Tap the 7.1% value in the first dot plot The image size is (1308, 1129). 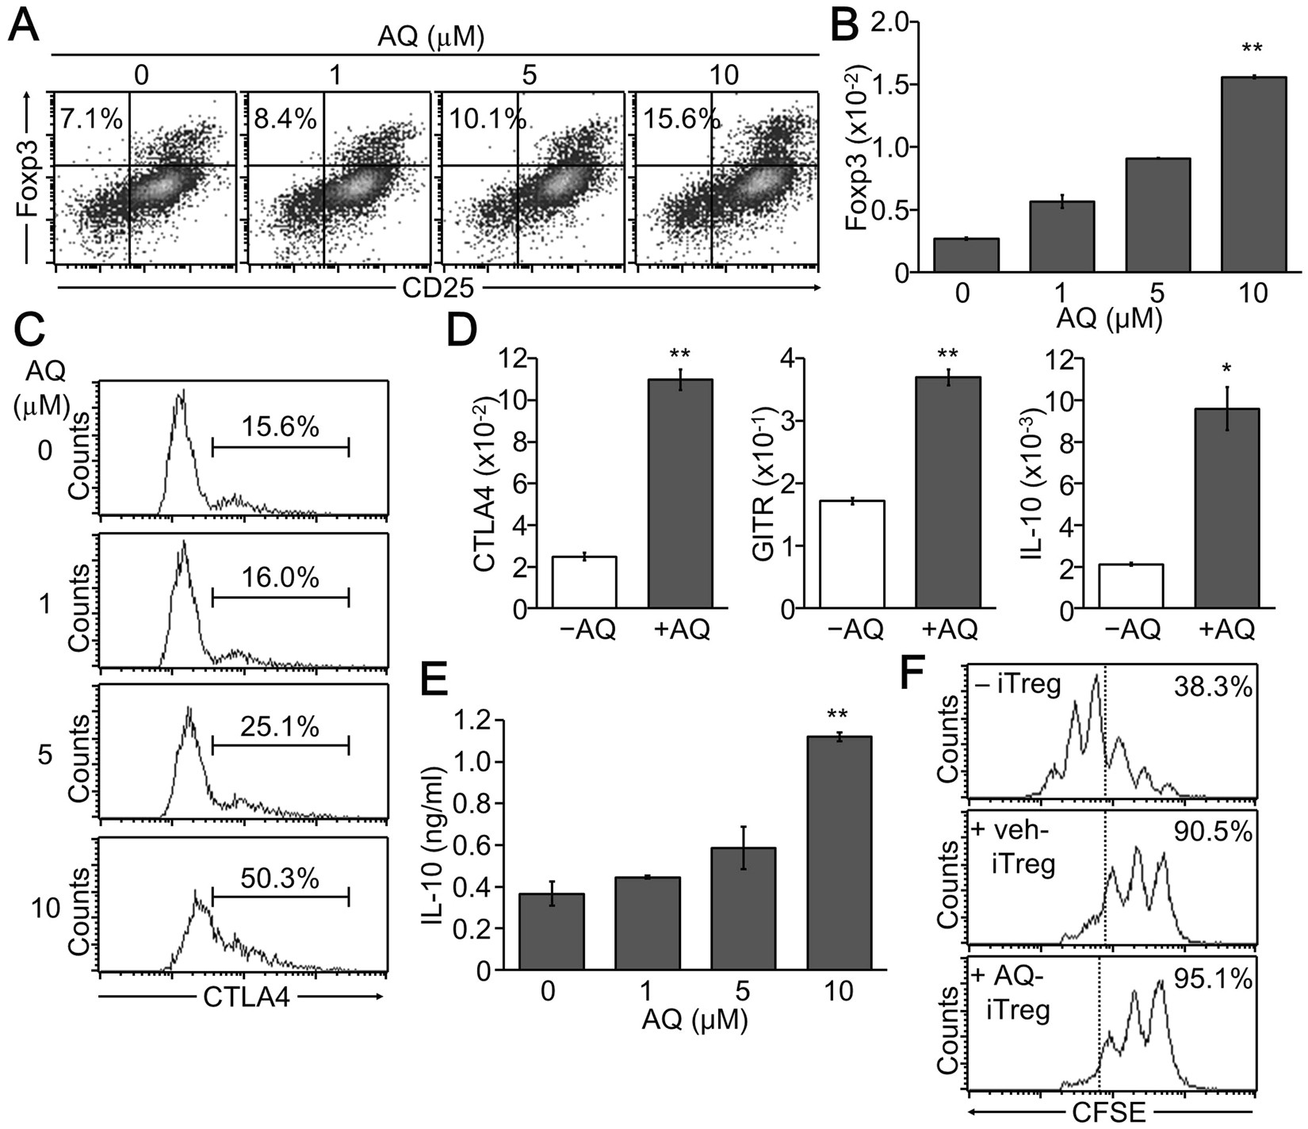click(x=92, y=119)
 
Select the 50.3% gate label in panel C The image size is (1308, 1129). click(x=280, y=878)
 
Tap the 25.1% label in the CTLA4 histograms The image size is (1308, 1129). click(x=280, y=726)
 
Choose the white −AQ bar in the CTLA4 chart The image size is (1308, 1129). click(x=583, y=583)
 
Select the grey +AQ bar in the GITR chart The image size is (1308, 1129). click(x=948, y=492)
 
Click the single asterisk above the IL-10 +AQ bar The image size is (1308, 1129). click(x=1226, y=370)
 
